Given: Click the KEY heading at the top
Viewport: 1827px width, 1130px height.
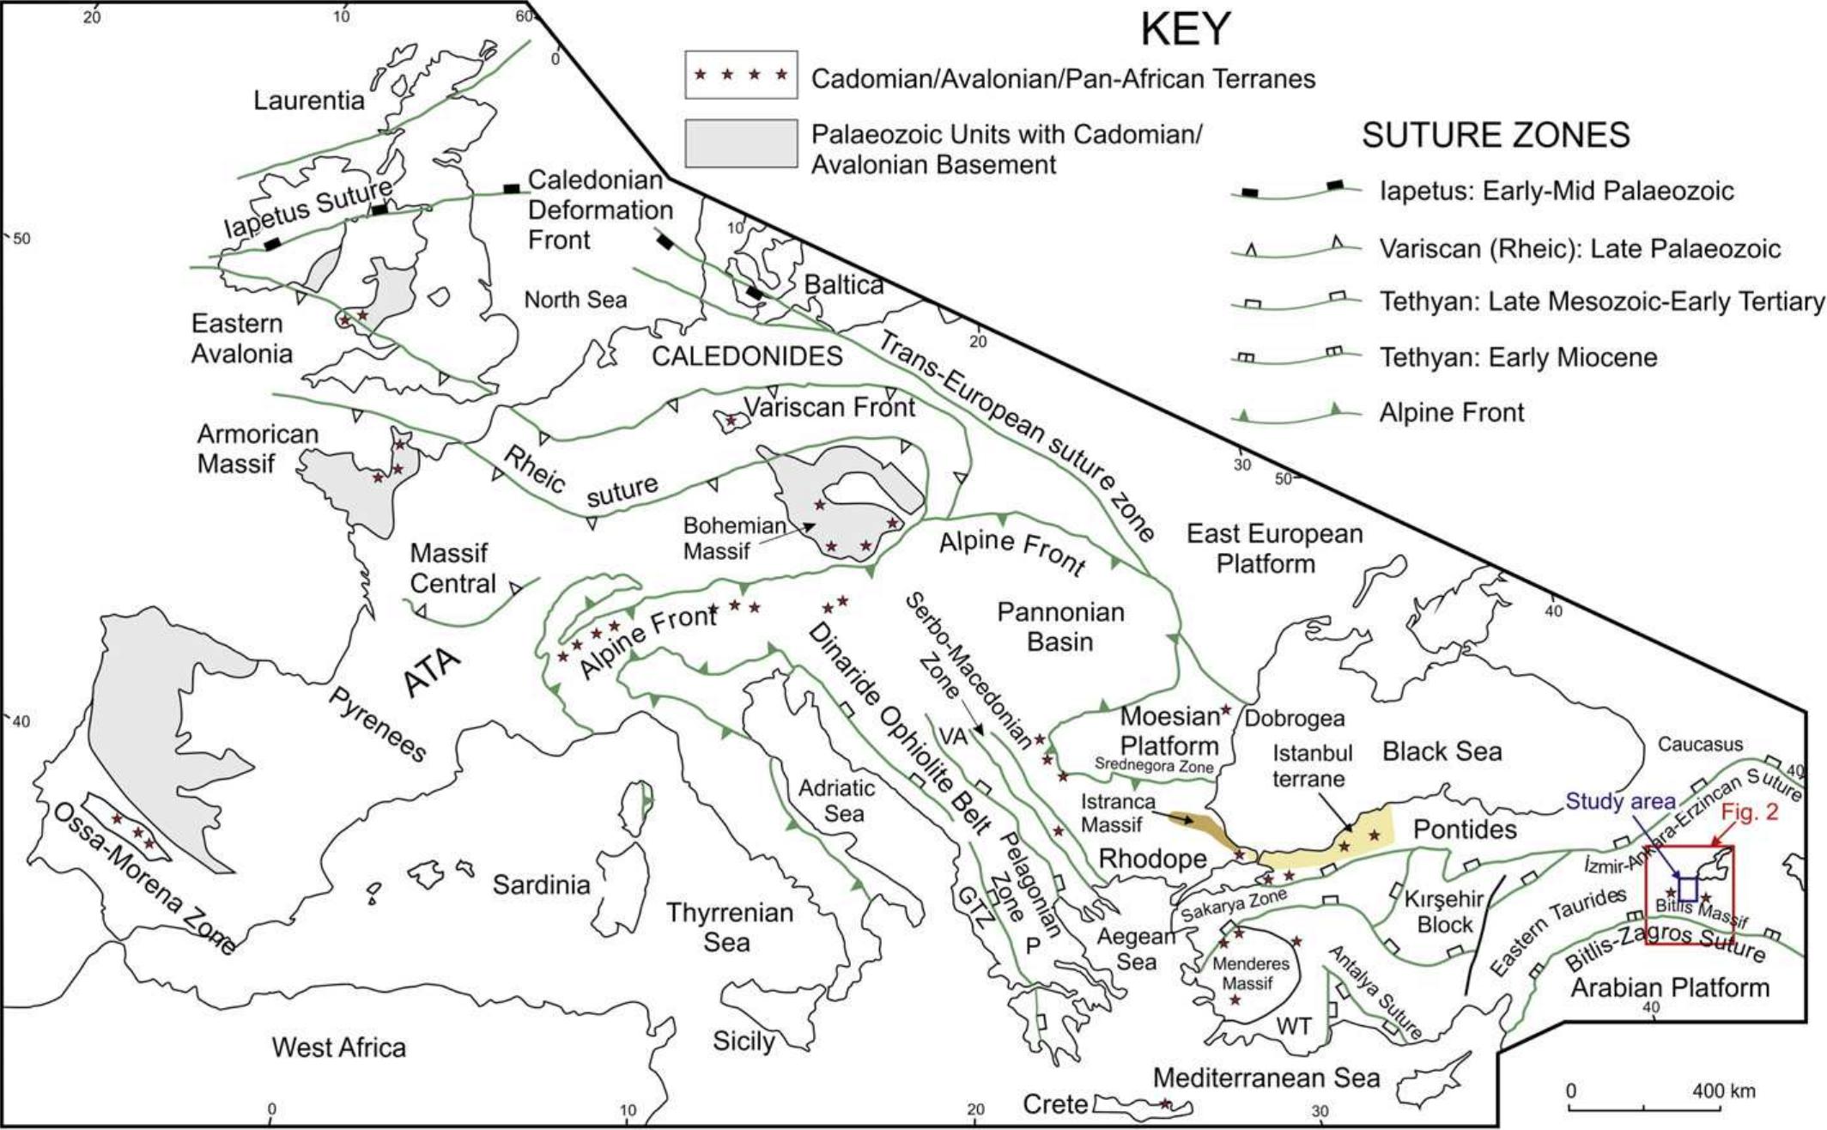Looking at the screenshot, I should tap(1186, 30).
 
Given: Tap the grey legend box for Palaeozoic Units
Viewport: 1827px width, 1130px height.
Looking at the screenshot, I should tap(741, 143).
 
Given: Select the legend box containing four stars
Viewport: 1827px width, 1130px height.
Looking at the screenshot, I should tap(741, 76).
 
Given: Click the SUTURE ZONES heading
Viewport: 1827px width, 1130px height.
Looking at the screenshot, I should tap(1496, 136).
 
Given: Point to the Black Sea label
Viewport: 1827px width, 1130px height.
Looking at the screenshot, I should tap(1442, 752).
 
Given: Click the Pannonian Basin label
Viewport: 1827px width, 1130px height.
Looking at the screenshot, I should tap(1060, 627).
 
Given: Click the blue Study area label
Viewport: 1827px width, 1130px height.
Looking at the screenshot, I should tap(1620, 802).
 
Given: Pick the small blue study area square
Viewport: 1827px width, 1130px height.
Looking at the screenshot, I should tap(1688, 889).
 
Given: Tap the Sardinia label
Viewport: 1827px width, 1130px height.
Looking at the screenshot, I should tap(541, 885).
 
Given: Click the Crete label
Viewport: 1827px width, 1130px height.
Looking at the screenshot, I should tap(1055, 1104).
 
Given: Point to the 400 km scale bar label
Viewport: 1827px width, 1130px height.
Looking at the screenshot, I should tap(1724, 1091).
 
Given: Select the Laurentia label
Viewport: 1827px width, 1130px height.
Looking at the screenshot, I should tap(309, 100).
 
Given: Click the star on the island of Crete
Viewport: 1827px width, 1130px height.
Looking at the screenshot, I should tap(1165, 1104).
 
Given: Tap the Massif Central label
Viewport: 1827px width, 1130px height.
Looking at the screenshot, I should tap(452, 568).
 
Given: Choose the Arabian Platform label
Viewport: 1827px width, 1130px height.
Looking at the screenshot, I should tap(1670, 988).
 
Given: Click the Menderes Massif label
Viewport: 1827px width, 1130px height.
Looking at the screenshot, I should tap(1250, 974).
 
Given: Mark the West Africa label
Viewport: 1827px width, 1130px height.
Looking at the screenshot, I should tap(339, 1048).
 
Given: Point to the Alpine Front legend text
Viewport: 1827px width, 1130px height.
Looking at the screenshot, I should tap(1452, 413).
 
